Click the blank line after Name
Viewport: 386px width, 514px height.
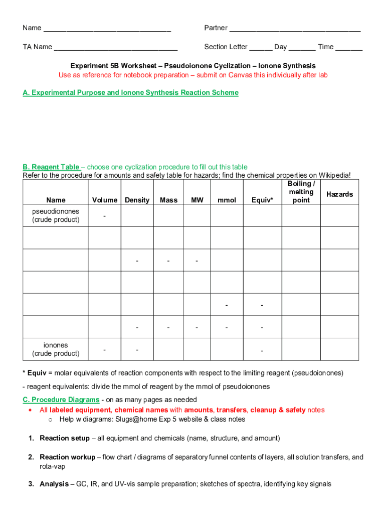107,29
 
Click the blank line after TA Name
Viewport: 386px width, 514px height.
116,48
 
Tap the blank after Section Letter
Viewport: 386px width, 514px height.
261,48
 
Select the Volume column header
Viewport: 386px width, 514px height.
105,200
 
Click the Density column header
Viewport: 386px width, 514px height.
137,200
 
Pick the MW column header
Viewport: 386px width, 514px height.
197,200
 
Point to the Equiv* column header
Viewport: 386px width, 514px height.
263,200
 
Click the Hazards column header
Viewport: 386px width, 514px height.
339,194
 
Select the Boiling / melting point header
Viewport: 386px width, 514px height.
301,192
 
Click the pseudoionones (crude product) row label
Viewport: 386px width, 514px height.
56,215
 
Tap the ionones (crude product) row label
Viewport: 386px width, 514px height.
56,349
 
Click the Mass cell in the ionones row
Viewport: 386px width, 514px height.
168,349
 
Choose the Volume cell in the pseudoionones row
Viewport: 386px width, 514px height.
105,216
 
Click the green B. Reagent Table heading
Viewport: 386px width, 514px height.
51,167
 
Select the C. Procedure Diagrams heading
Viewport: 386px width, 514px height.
61,400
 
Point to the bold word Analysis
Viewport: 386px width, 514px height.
54,484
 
